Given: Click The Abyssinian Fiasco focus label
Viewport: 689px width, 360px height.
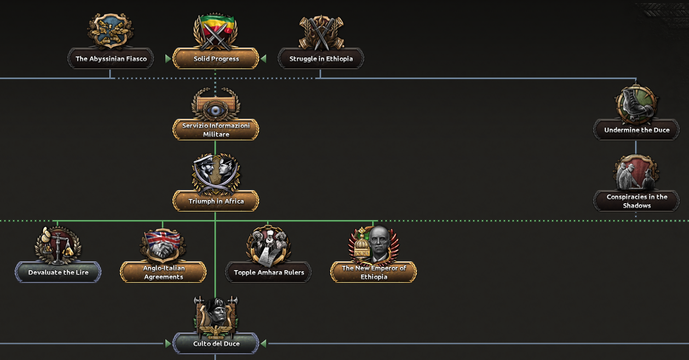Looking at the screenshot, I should click(111, 59).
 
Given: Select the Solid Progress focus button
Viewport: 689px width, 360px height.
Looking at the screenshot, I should click(216, 59).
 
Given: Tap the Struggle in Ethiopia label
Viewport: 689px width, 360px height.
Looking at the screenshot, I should click(321, 59).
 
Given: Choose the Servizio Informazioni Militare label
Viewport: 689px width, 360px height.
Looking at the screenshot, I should click(216, 130).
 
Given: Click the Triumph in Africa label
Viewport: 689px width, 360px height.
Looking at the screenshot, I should click(216, 201).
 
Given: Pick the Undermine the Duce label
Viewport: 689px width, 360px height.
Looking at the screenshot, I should click(636, 130).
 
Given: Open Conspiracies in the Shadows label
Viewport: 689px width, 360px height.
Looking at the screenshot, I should click(636, 201).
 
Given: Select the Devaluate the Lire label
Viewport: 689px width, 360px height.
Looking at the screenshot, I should click(58, 272).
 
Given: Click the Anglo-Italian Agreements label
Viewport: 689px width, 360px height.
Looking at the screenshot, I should click(163, 272).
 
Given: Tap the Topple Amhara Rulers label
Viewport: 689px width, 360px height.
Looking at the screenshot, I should click(268, 272).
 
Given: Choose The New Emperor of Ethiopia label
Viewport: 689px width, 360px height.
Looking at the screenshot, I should click(374, 272).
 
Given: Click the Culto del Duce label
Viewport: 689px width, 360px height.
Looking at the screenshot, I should click(216, 344).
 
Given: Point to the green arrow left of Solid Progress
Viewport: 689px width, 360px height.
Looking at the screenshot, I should click(168, 59).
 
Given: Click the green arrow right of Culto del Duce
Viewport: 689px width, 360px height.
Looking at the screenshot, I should click(263, 344).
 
